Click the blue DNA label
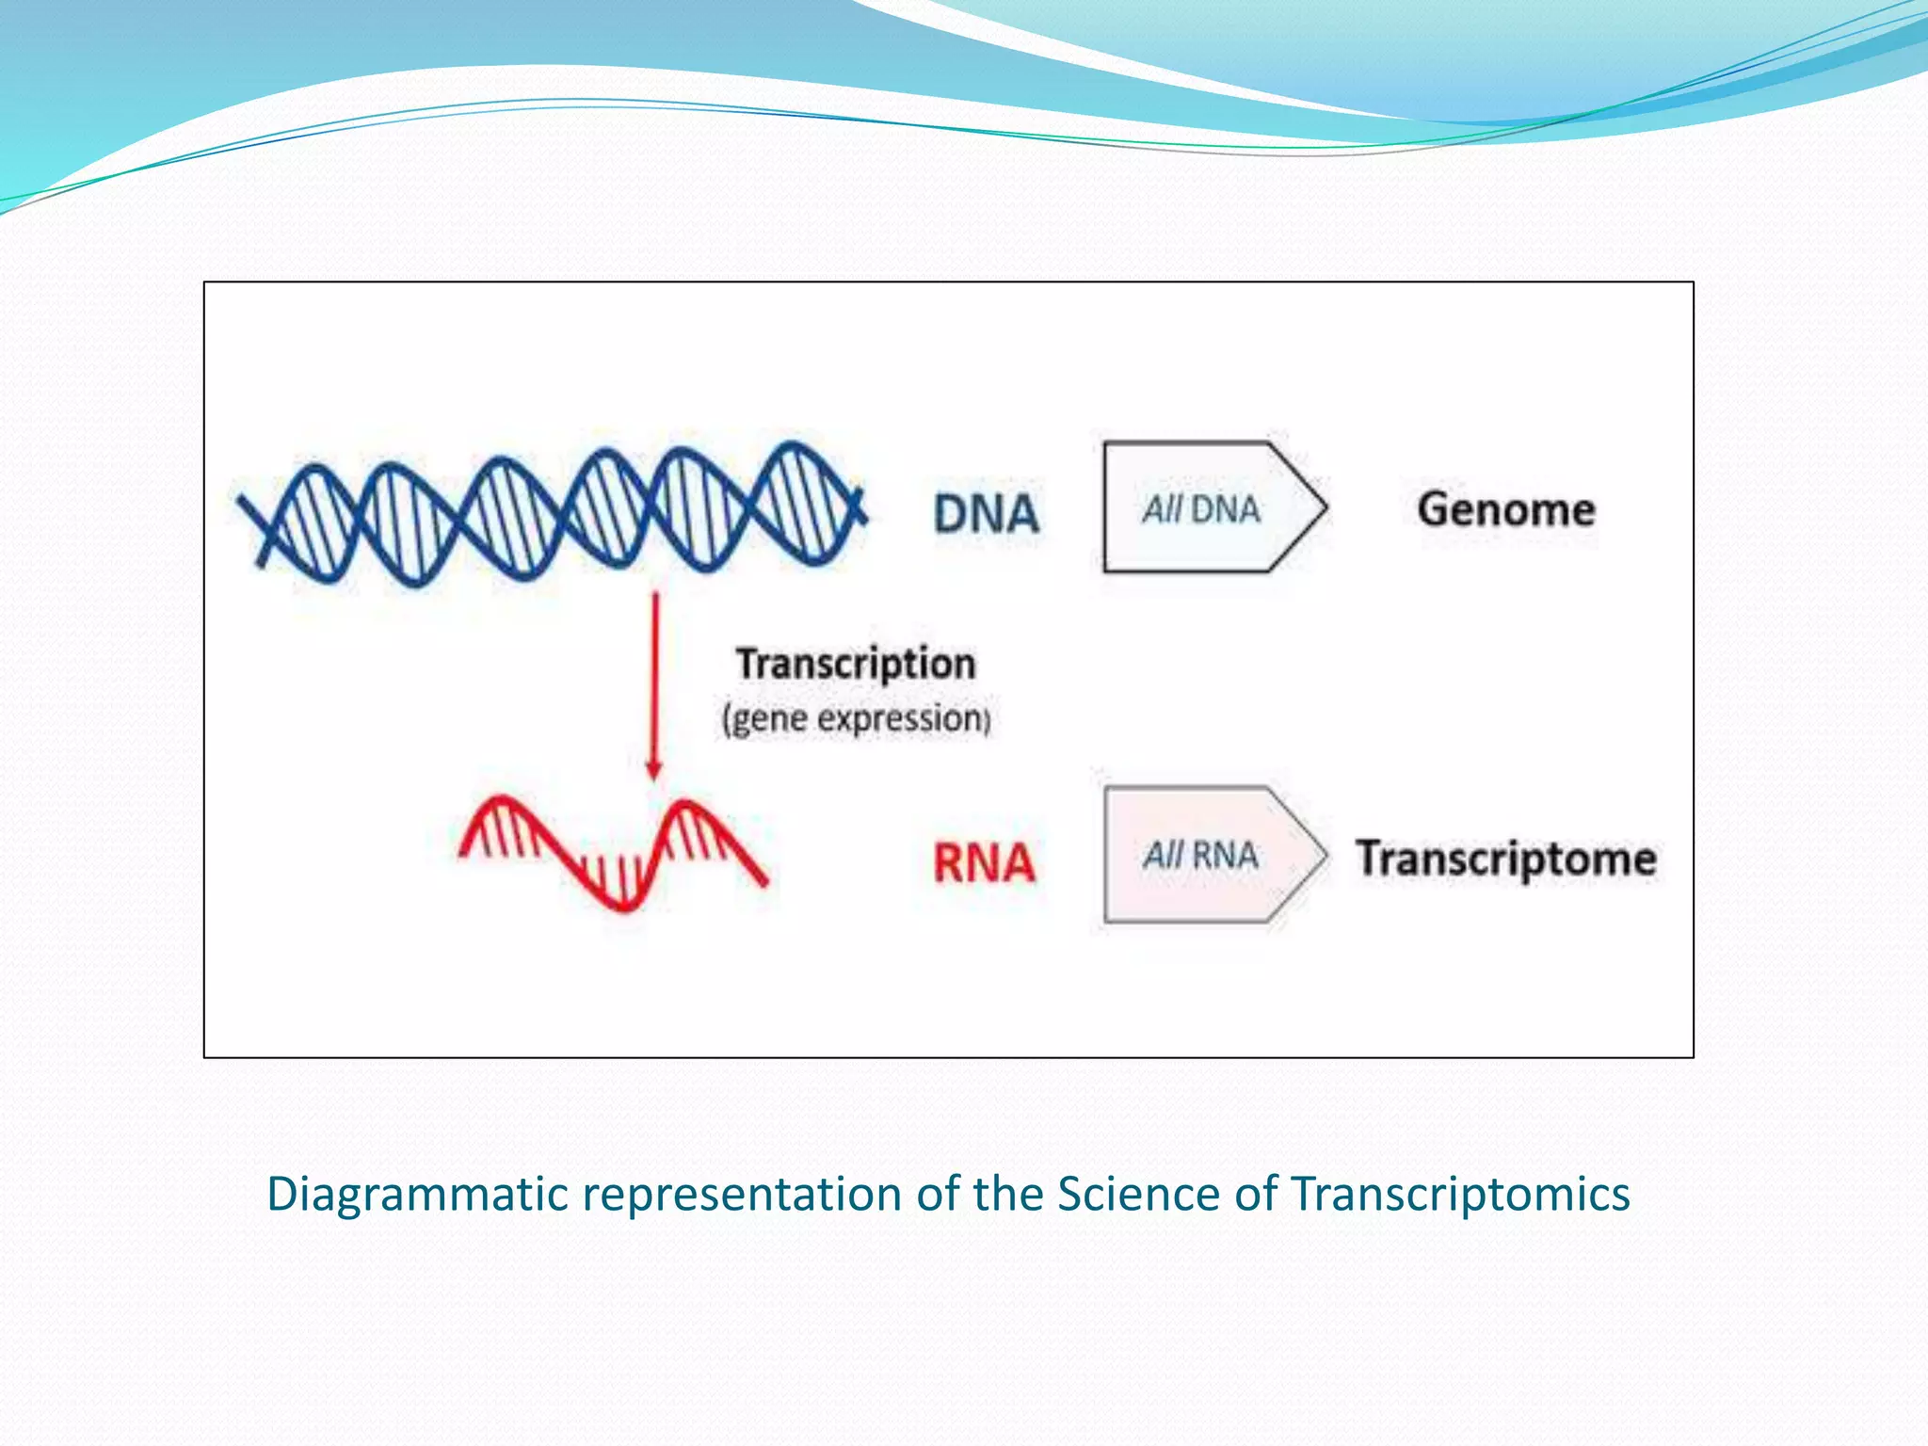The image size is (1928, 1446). pos(986,514)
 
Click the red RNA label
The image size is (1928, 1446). pos(984,862)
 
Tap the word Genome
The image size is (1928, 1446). pos(1505,509)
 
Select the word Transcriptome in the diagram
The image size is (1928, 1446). pos(1505,859)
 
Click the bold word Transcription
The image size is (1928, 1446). pos(855,664)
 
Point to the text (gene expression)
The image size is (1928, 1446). pos(855,719)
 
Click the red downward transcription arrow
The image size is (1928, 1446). pos(655,678)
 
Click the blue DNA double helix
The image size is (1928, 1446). pos(551,513)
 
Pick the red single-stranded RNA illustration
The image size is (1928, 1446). pos(612,852)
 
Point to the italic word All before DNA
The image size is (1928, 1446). pos(1162,510)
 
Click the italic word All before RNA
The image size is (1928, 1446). pos(1162,856)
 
